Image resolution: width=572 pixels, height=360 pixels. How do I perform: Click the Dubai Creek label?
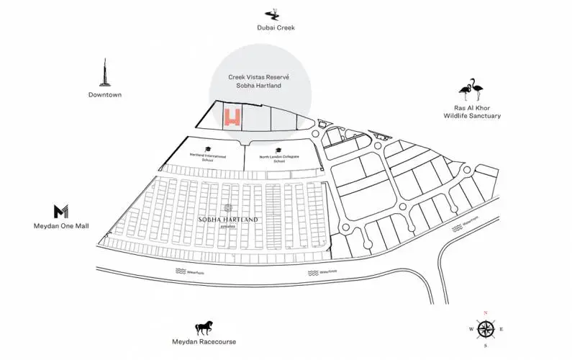tap(276, 28)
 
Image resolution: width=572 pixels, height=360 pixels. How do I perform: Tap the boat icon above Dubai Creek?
tap(273, 13)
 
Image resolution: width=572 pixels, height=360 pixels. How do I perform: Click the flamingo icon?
tap(472, 90)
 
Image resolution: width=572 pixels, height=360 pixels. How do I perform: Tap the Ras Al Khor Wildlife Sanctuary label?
tap(472, 111)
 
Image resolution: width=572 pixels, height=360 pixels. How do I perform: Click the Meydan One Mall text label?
tap(61, 225)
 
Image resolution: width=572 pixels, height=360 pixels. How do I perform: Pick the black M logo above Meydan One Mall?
tap(61, 211)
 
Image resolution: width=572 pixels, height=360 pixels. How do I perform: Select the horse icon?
tap(204, 328)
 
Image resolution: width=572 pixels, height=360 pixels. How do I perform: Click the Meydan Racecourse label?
tap(204, 342)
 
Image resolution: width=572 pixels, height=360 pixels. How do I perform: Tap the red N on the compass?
tap(486, 313)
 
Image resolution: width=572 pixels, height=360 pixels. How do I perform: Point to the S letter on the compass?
tap(486, 346)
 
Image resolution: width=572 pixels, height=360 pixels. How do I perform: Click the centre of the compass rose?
tap(486, 330)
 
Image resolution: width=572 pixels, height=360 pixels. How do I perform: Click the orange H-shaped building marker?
tap(232, 117)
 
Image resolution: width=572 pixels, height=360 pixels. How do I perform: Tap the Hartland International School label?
tap(208, 156)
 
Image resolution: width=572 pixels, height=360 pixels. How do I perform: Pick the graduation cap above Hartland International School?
tap(207, 146)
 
